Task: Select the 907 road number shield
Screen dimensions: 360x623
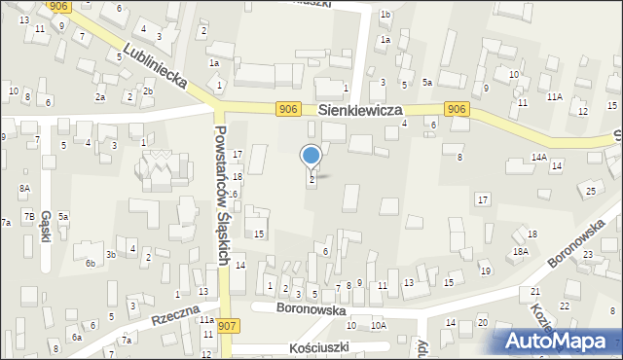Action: pos(228,325)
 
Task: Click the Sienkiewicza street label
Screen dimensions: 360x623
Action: pos(359,112)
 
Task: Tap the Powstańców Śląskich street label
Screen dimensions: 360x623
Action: pos(222,195)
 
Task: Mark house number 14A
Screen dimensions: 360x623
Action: pos(538,157)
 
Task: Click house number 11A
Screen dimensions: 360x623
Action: pos(555,96)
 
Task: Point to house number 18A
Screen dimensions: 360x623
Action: pos(521,251)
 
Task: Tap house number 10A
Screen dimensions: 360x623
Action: pos(379,326)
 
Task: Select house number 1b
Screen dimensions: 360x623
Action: pos(385,14)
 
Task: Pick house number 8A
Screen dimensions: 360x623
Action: pos(24,188)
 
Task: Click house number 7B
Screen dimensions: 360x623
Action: pos(29,215)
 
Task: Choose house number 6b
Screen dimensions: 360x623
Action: pos(90,263)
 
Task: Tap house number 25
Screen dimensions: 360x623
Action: pos(592,191)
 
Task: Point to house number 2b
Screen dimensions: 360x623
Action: pos(148,91)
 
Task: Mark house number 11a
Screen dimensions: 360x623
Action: pos(206,319)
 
